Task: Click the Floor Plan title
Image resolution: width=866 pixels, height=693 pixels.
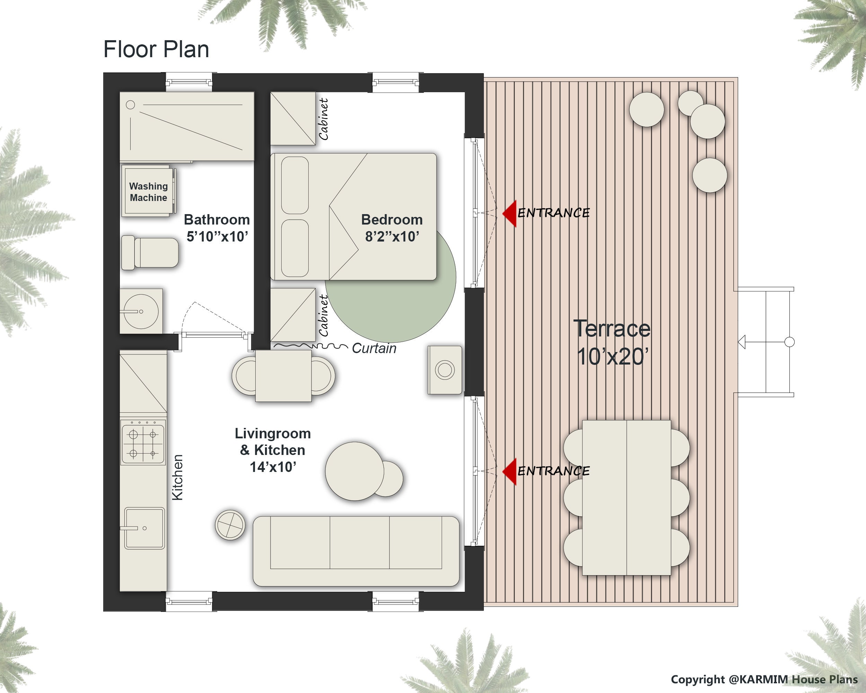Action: point(156,50)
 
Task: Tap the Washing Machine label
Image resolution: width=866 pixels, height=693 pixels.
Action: point(148,192)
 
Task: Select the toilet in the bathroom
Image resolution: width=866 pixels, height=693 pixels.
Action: point(151,253)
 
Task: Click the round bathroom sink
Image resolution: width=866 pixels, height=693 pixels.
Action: point(141,312)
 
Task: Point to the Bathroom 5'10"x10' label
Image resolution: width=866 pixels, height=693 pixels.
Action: point(217,228)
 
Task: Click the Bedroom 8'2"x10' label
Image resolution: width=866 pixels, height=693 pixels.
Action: point(392,228)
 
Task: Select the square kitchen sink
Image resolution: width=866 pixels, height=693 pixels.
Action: point(144,528)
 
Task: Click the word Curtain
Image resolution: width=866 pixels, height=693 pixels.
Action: point(374,348)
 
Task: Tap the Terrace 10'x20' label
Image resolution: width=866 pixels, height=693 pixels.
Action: point(612,342)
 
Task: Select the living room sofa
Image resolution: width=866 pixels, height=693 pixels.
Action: point(356,551)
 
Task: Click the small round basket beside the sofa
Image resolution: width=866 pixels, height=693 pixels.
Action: point(230,525)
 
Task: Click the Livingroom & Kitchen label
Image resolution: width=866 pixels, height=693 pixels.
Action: point(273,450)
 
